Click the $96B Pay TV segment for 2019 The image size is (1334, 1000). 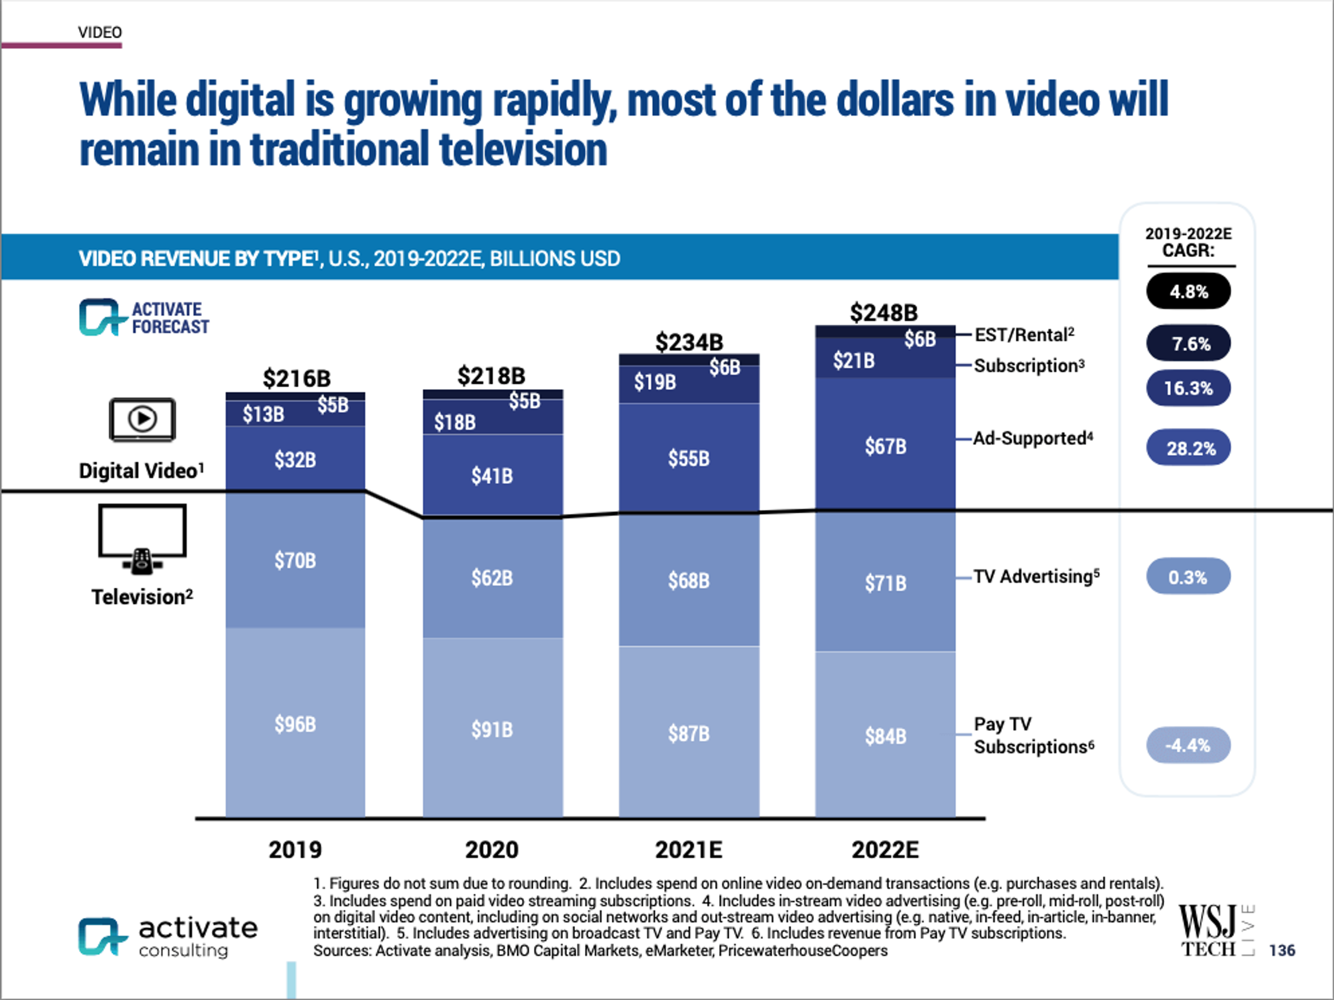coord(295,723)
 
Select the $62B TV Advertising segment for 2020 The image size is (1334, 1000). coord(492,578)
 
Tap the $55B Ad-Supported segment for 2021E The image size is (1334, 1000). coord(689,458)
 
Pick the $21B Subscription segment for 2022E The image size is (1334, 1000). coord(854,361)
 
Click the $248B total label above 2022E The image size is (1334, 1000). coord(884,312)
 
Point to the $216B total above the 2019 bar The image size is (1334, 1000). coord(296,378)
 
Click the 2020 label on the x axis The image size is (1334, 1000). coord(492,850)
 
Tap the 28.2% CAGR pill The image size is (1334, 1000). coord(1188,447)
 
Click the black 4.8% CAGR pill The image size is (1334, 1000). coord(1188,291)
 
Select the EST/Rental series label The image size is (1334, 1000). coord(1024,335)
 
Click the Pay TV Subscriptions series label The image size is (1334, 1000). coord(1033,735)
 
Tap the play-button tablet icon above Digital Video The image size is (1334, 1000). coord(142,419)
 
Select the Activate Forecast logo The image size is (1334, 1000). coord(144,317)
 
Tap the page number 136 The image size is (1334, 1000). coord(1282,950)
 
